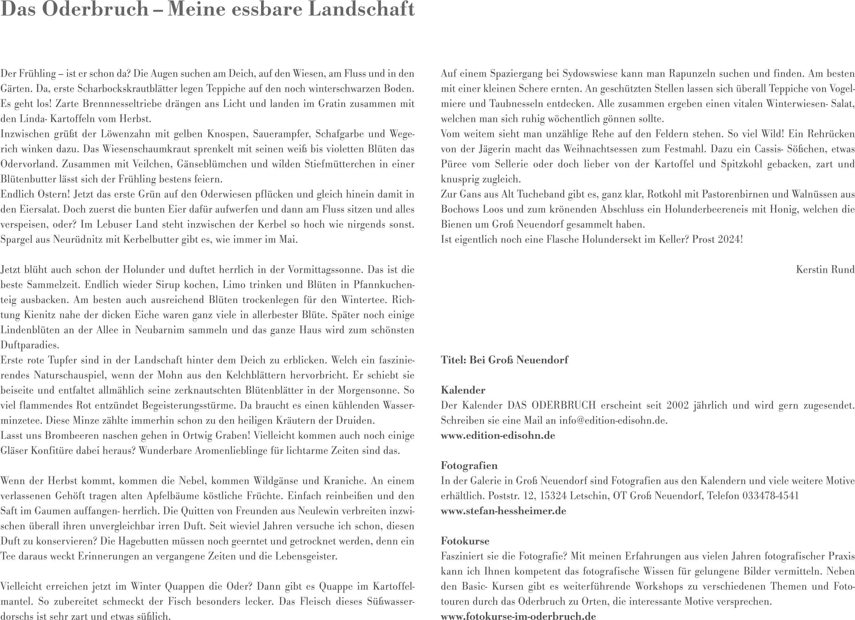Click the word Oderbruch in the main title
point(95,10)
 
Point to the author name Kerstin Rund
point(825,269)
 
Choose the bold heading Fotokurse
point(465,541)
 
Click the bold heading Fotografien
point(469,466)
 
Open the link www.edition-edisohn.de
point(498,435)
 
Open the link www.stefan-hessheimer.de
point(503,511)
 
